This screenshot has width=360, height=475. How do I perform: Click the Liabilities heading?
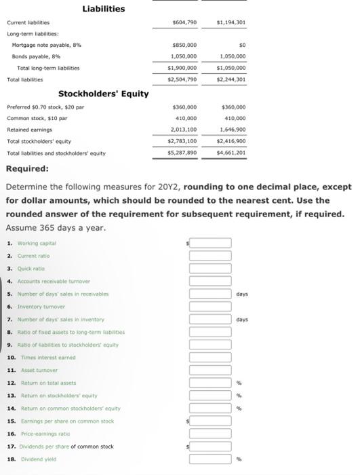[103, 9]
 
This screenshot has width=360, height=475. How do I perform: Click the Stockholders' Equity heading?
[103, 94]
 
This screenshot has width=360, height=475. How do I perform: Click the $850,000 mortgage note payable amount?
[185, 46]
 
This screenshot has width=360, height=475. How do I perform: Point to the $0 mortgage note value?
[241, 46]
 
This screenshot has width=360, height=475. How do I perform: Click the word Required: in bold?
[26, 168]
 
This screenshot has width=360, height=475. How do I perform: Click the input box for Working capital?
[210, 243]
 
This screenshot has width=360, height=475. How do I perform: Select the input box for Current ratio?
[210, 255]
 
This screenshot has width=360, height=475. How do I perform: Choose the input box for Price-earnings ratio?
[210, 432]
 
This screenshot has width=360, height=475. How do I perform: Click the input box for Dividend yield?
[210, 458]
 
